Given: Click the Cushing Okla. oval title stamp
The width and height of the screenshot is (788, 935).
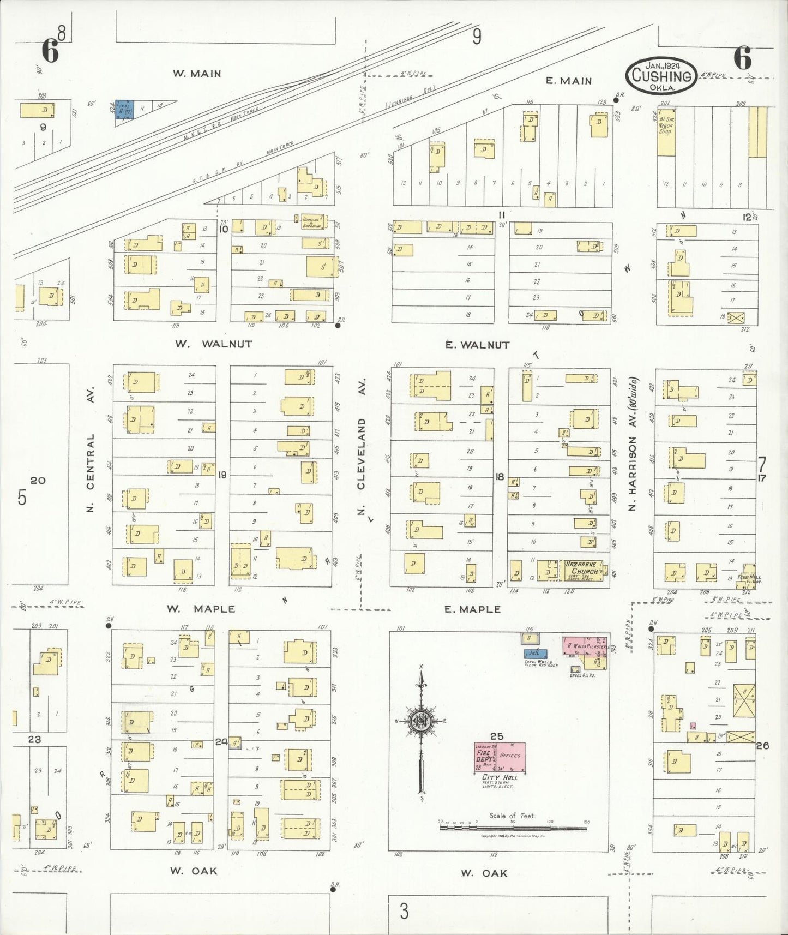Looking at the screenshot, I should click(x=661, y=76).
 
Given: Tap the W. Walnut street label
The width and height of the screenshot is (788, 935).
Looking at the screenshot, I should click(x=213, y=344).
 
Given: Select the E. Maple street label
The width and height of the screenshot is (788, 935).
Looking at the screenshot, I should click(x=472, y=609).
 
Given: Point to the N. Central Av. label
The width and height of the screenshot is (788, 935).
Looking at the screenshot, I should click(x=91, y=449).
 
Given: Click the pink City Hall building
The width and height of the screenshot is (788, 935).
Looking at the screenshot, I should click(x=500, y=757).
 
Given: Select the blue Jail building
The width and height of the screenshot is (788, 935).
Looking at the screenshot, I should click(x=535, y=653).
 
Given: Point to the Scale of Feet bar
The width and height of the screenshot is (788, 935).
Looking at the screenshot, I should click(x=513, y=828).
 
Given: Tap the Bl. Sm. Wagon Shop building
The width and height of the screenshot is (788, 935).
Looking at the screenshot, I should click(x=666, y=131).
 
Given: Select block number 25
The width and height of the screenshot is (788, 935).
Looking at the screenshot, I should click(x=496, y=736).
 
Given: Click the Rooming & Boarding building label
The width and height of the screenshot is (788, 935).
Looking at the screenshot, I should click(x=312, y=222).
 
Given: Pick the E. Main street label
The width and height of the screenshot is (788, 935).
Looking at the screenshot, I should click(x=569, y=81).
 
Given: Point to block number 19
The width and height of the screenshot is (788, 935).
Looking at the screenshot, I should click(x=222, y=475).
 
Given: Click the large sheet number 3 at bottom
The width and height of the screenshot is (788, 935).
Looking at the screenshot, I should click(x=404, y=911).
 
